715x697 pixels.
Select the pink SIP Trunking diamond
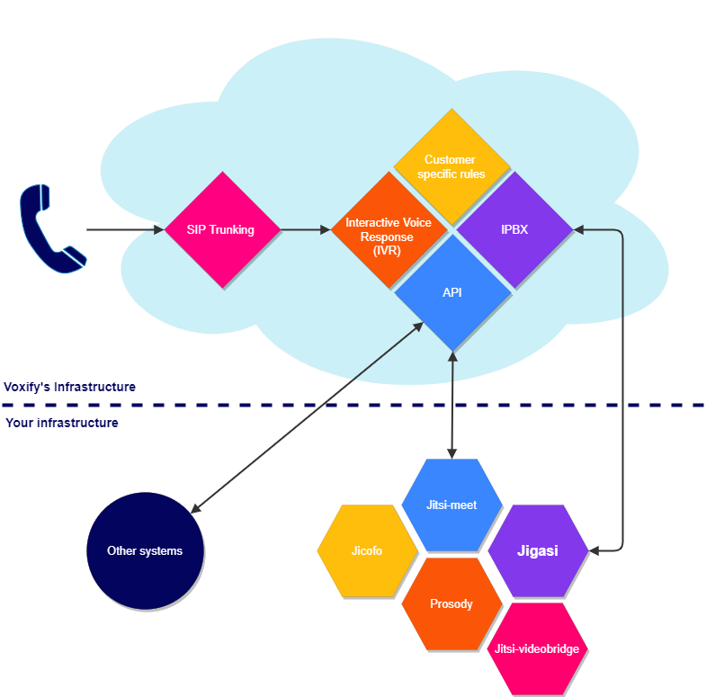[220, 229]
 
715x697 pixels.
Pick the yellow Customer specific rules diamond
[451, 165]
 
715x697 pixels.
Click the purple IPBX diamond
[514, 229]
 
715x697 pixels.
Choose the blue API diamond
[451, 293]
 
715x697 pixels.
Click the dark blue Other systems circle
[145, 550]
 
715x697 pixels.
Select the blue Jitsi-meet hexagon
[451, 505]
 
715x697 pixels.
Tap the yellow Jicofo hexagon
[367, 550]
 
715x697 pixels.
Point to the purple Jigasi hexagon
[537, 550]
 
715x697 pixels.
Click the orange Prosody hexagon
[451, 603]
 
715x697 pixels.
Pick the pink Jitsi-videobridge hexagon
[537, 648]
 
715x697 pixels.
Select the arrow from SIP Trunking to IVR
[306, 230]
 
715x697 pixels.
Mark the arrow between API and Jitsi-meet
[451, 405]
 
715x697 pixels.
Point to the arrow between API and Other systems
[306, 418]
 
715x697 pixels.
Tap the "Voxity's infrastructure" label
[70, 387]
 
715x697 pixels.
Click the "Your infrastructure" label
[62, 423]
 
